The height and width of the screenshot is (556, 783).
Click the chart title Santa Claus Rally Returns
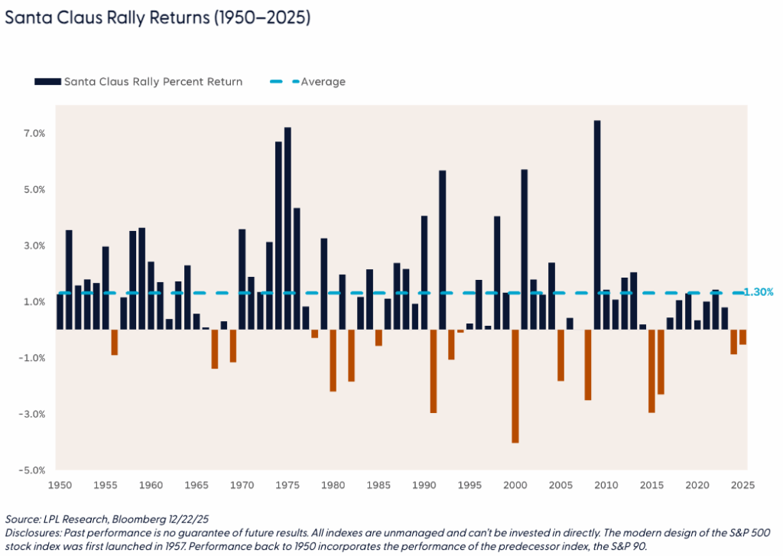[x=157, y=18]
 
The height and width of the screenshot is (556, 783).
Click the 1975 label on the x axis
[x=288, y=485]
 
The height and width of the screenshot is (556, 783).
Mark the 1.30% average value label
[x=759, y=292]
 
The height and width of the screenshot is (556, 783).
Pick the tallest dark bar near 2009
[x=596, y=225]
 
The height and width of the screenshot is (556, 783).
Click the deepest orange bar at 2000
[x=515, y=386]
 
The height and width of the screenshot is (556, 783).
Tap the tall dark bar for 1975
[x=288, y=228]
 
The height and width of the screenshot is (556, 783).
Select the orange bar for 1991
[x=434, y=371]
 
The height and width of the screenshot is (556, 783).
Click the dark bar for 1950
[x=60, y=311]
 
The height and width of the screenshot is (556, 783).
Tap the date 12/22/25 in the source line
[x=172, y=519]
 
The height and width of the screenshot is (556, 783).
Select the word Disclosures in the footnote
[x=31, y=532]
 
